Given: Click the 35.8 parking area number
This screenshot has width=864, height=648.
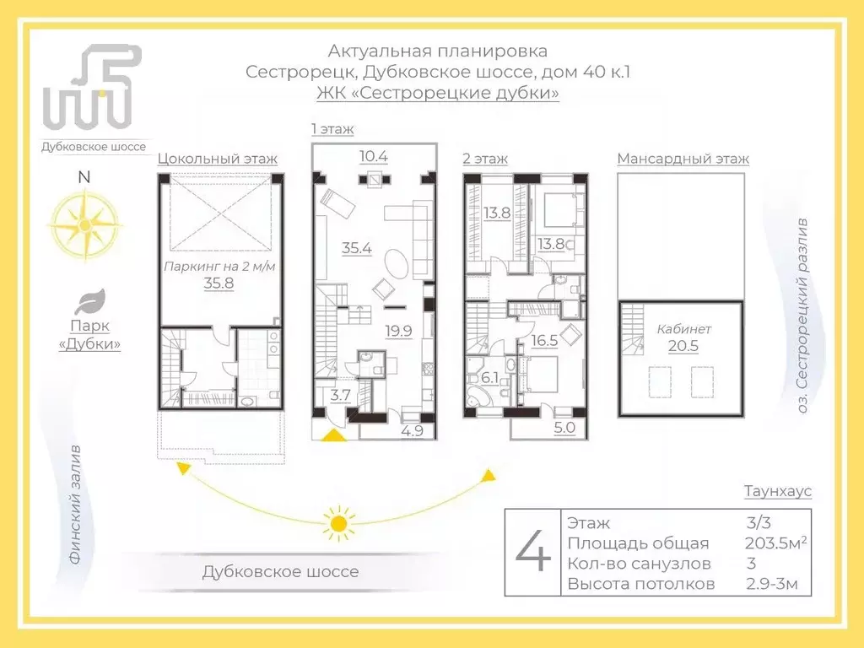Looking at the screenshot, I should pyautogui.click(x=218, y=283).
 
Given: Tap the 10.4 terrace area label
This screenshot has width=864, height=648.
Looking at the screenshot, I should pyautogui.click(x=373, y=156).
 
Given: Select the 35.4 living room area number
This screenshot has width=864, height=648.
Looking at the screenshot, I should pyautogui.click(x=357, y=248).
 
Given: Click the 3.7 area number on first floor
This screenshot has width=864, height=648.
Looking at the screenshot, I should pyautogui.click(x=340, y=394).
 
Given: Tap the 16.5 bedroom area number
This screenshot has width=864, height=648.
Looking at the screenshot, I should pyautogui.click(x=543, y=342).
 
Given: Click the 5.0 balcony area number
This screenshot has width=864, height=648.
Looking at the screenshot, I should pyautogui.click(x=564, y=429).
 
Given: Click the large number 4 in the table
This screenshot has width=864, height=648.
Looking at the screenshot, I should pyautogui.click(x=533, y=553).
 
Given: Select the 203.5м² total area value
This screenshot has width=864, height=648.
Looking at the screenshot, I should pyautogui.click(x=775, y=543).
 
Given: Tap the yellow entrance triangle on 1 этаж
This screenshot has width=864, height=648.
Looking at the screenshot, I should pyautogui.click(x=334, y=434).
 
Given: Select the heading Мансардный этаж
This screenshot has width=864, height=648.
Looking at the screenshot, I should pyautogui.click(x=683, y=159).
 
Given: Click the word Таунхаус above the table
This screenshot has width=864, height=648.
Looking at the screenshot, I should pyautogui.click(x=777, y=491).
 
